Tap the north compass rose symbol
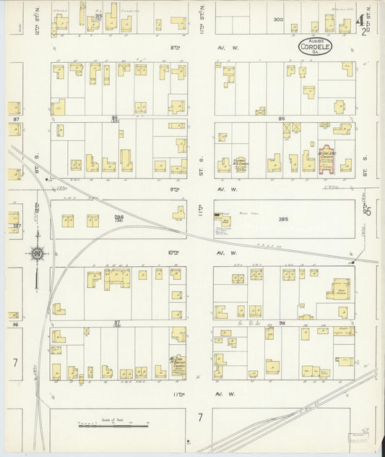click(36, 253)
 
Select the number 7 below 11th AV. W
click(199, 417)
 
